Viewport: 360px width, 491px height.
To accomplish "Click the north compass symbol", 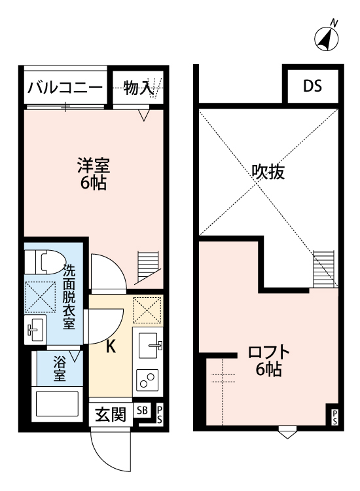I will click(327, 39).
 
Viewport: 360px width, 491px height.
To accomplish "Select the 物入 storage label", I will click(139, 88).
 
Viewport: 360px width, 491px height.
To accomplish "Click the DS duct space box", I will click(312, 86).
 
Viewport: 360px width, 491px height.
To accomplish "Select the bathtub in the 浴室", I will click(56, 404).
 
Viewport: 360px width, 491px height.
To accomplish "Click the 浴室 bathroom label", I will click(60, 369).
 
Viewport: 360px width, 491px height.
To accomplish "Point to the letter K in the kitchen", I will click(111, 346).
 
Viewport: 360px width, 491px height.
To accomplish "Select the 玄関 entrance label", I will click(111, 414).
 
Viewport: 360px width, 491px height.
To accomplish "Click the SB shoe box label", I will click(143, 410).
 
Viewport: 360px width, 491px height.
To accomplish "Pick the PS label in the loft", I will click(334, 416).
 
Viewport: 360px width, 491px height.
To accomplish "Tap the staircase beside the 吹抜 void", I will click(324, 268).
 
